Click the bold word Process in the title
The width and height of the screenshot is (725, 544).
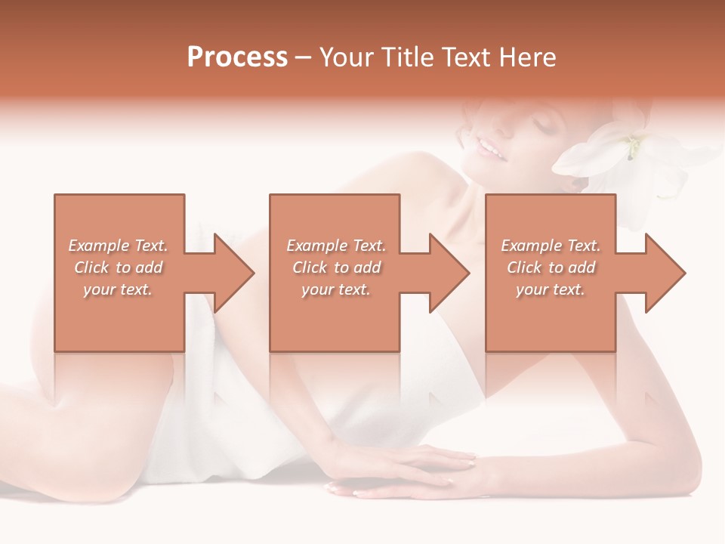point(237,57)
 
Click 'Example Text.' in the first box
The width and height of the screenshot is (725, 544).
point(118,246)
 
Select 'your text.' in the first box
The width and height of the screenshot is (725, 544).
point(118,289)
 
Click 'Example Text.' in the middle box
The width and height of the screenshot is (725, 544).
point(336,246)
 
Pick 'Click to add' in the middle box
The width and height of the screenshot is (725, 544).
point(336,267)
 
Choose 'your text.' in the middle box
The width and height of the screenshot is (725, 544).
point(336,289)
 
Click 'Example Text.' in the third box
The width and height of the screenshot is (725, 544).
point(551,246)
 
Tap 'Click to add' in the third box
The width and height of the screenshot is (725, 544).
point(551,267)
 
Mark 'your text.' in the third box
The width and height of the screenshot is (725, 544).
point(551,289)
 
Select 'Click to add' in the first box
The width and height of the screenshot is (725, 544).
point(118,267)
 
